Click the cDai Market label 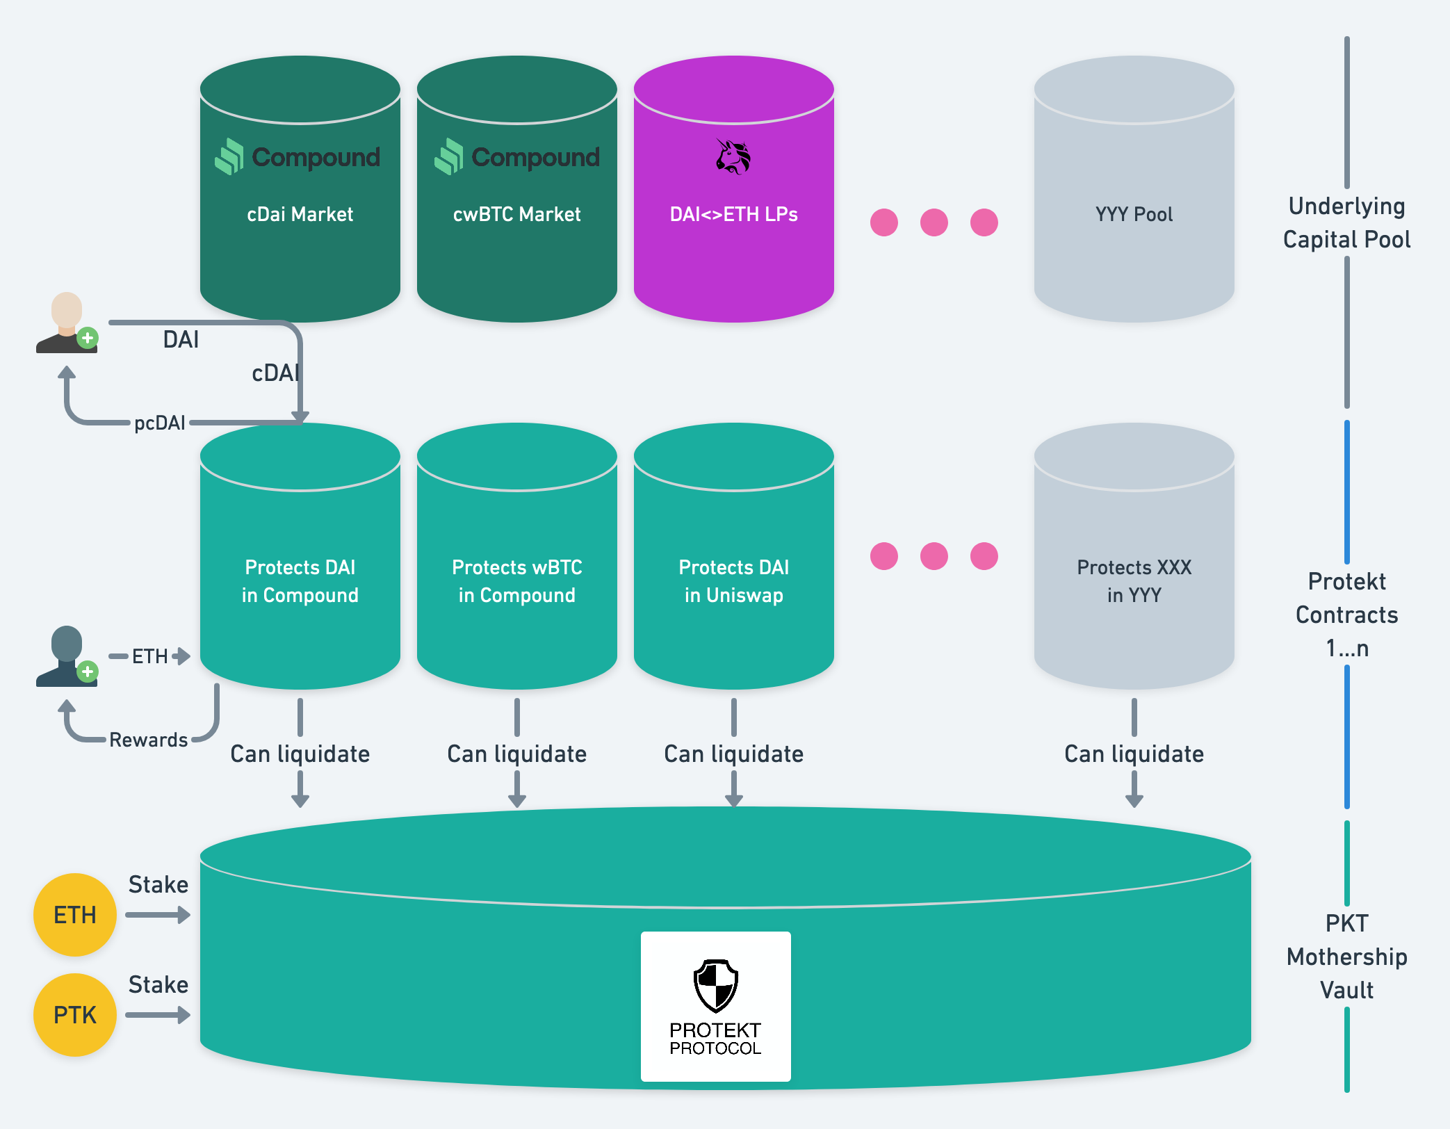click(300, 214)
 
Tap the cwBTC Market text click(516, 214)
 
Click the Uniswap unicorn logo click(733, 156)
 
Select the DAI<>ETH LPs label click(733, 214)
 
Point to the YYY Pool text click(1134, 214)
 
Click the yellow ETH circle click(75, 915)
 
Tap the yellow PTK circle click(75, 1015)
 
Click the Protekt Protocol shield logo click(716, 986)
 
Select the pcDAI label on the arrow click(160, 423)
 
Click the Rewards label click(149, 740)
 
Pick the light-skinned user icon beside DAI click(67, 323)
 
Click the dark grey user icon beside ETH click(67, 657)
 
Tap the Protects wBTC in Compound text click(516, 581)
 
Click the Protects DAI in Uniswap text click(733, 581)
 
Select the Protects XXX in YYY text click(1134, 581)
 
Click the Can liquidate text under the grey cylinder click(1134, 754)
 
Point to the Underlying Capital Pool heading click(1346, 222)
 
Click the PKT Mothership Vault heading click(1346, 957)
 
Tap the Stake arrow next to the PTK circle click(158, 1015)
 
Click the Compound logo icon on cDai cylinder click(229, 156)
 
